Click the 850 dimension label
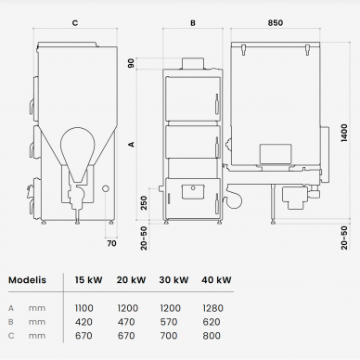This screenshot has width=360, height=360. [x=275, y=22]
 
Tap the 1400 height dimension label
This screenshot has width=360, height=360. [x=344, y=133]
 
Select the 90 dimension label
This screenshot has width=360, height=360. [x=131, y=63]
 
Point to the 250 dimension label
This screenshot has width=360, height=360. [x=144, y=202]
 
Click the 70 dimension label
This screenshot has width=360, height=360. [x=111, y=243]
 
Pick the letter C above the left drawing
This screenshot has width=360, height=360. [x=75, y=23]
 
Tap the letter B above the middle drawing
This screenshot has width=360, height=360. [x=193, y=23]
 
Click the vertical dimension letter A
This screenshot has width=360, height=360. [x=132, y=144]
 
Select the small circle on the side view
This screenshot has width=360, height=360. [x=106, y=188]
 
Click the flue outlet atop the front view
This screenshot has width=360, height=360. [x=193, y=63]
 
